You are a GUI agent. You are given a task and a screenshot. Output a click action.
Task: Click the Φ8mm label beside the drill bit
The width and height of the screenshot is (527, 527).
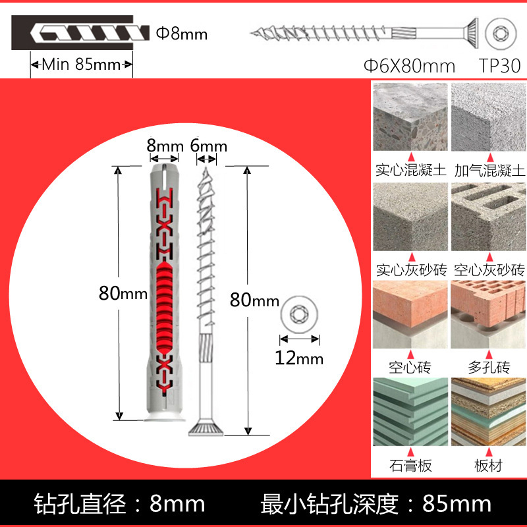(182, 32)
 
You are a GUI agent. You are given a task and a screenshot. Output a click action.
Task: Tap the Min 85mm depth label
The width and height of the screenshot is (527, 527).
(82, 65)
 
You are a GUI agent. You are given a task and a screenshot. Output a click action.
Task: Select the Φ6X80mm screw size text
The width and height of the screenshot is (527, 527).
(409, 66)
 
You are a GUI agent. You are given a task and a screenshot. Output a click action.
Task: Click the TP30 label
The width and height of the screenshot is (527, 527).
(499, 66)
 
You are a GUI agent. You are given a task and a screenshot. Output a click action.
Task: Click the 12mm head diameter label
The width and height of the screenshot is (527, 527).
(300, 358)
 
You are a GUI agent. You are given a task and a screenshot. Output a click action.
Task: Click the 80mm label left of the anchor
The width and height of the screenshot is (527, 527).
(123, 293)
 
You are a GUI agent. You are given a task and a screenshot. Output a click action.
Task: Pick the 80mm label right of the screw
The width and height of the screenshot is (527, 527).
(254, 300)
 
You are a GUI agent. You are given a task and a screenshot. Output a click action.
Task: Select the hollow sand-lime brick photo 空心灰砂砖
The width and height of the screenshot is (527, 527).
(488, 216)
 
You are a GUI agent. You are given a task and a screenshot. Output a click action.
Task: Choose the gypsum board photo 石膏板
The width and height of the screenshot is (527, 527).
(410, 412)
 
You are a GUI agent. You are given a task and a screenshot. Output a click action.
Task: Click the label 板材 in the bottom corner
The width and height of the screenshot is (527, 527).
(489, 465)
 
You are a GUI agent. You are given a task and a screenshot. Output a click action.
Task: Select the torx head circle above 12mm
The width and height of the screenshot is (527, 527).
(300, 314)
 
